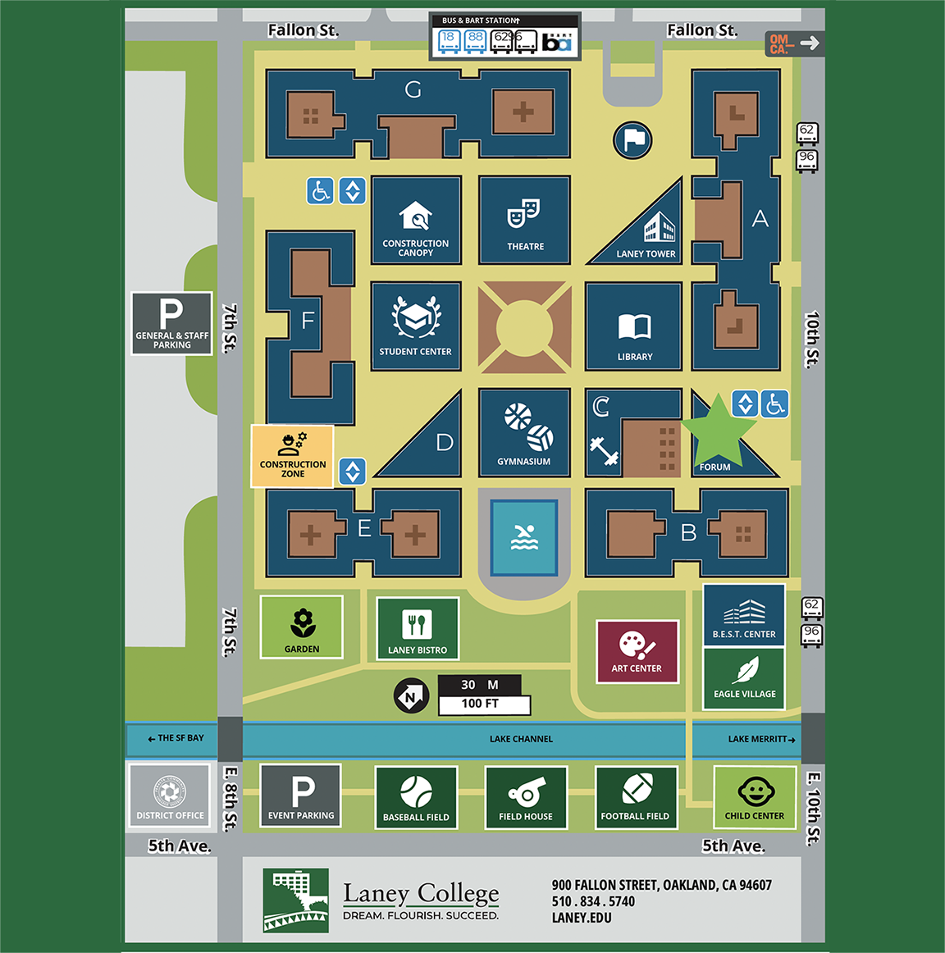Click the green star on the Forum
pyautogui.click(x=719, y=429)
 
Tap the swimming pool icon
pyautogui.click(x=524, y=537)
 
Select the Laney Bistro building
pyautogui.click(x=418, y=628)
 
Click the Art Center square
pyautogui.click(x=637, y=651)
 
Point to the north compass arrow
pyautogui.click(x=411, y=696)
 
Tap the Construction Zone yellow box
pyautogui.click(x=292, y=456)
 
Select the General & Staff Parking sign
pyautogui.click(x=171, y=323)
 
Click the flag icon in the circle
pyautogui.click(x=633, y=140)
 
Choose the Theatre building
pyautogui.click(x=525, y=220)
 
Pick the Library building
pyautogui.click(x=634, y=326)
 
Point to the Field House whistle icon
pyautogui.click(x=526, y=791)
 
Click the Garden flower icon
pyautogui.click(x=302, y=622)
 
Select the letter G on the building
pyautogui.click(x=413, y=89)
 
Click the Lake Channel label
pyautogui.click(x=521, y=739)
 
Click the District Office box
pyautogui.click(x=170, y=796)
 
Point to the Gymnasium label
pyautogui.click(x=523, y=462)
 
